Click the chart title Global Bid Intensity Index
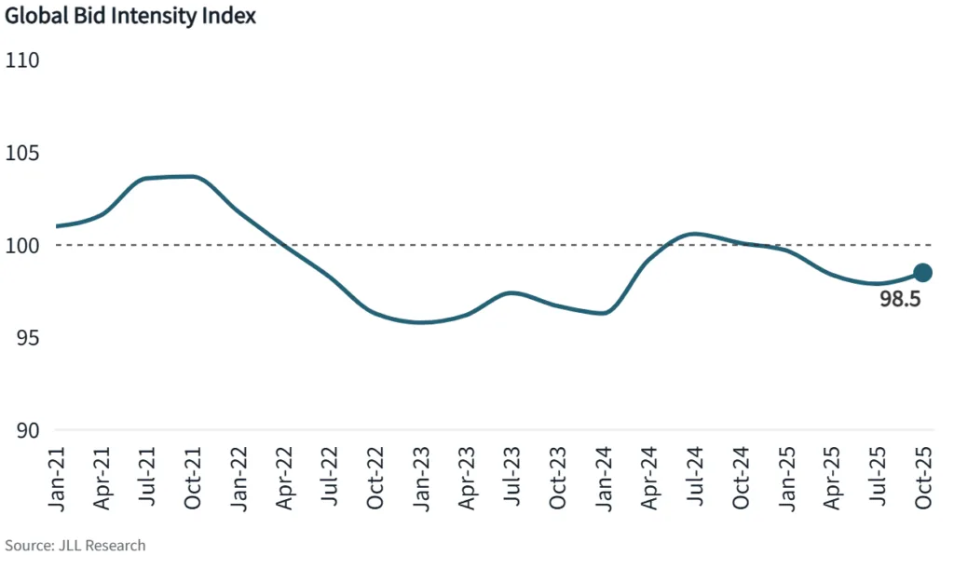131,17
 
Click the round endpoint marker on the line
922,273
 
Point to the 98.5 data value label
900,300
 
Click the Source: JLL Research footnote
75,546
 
